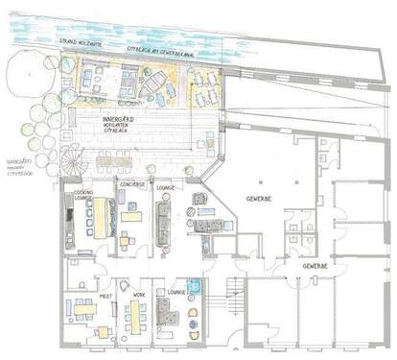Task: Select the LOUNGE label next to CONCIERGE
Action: [x=170, y=188]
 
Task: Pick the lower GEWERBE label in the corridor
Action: [x=315, y=264]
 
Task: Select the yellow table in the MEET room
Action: [x=81, y=308]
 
